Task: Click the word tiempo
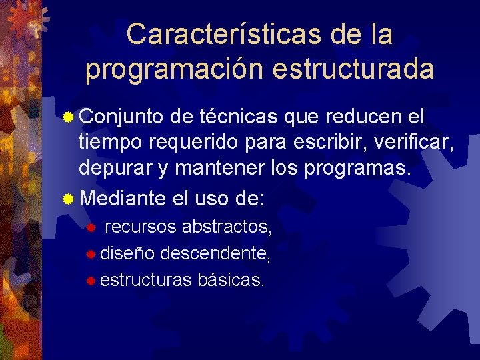111,142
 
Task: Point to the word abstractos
227,227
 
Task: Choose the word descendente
215,253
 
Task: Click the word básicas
231,279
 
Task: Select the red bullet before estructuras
91,280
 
